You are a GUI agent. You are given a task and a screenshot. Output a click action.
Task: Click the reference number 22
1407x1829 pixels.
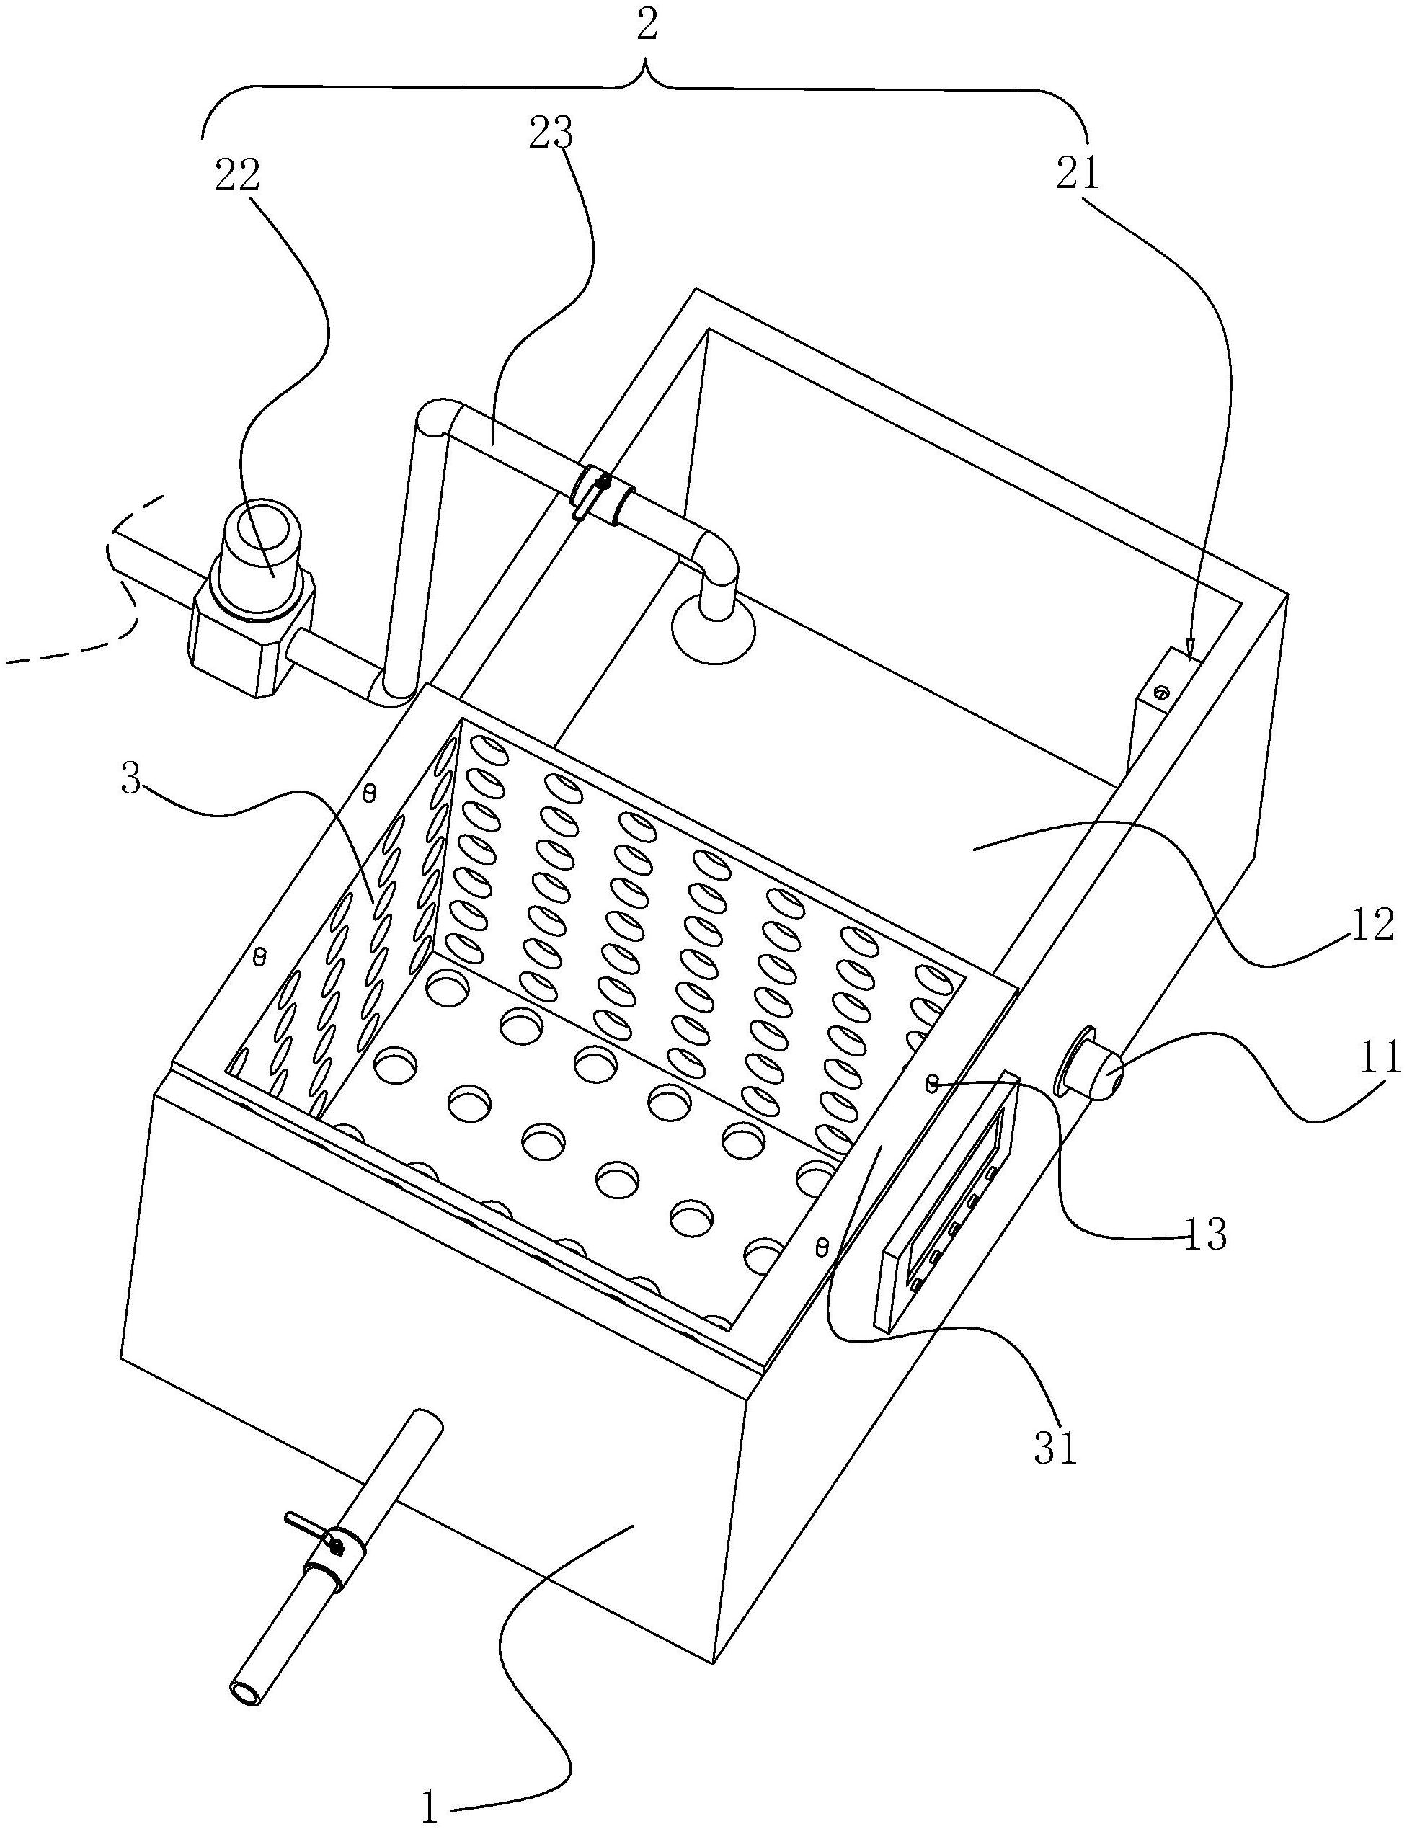point(237,177)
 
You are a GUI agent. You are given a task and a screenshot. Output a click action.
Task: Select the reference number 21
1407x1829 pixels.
point(1077,174)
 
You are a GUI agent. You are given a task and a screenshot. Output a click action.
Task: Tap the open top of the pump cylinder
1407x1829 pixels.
point(259,527)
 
